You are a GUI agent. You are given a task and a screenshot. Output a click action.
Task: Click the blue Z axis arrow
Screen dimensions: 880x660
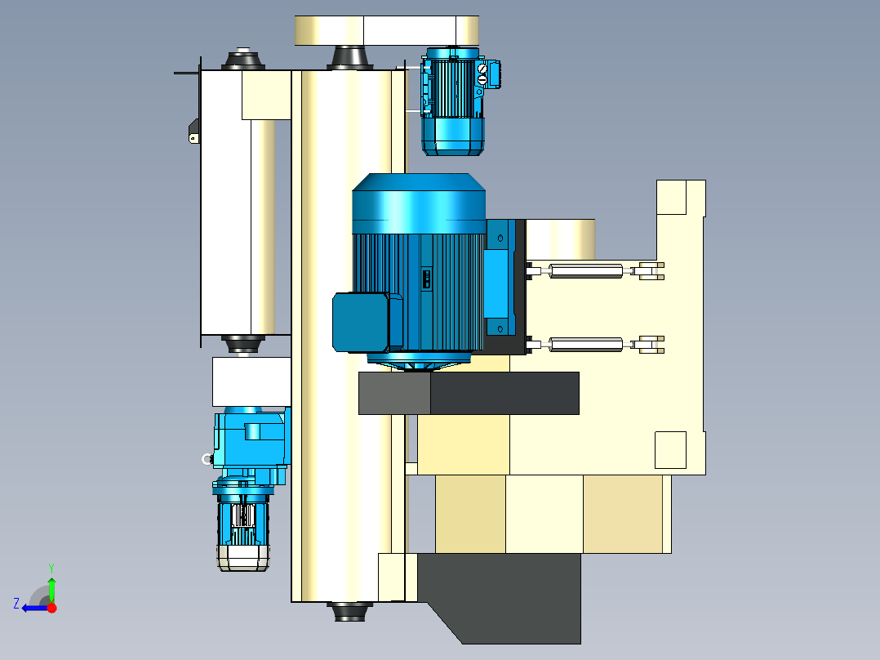tap(35, 608)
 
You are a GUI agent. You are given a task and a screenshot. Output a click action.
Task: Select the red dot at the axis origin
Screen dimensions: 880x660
tap(52, 608)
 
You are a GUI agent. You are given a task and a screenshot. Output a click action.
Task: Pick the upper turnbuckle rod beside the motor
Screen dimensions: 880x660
tap(586, 270)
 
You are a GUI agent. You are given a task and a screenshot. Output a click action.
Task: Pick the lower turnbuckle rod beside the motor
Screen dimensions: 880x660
tap(586, 345)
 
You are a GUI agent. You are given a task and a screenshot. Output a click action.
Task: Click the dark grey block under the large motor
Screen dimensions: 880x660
tap(469, 393)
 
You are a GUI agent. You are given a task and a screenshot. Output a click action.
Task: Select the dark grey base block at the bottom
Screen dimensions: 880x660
tap(500, 595)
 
